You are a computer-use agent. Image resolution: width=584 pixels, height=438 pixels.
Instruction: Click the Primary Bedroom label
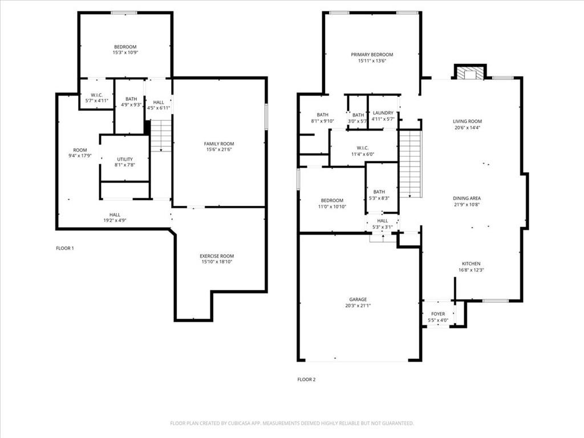click(372, 55)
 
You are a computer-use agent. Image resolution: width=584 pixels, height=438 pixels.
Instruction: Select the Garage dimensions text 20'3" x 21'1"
click(358, 306)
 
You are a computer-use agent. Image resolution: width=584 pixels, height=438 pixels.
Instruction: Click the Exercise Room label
click(217, 256)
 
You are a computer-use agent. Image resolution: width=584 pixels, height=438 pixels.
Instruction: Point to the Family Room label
click(219, 144)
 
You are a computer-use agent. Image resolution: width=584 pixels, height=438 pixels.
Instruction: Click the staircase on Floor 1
click(161, 136)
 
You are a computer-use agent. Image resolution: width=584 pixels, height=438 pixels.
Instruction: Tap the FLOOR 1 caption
click(65, 248)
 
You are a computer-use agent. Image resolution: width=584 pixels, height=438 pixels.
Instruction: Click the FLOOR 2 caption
click(306, 379)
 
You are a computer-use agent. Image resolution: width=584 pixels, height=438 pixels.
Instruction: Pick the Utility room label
click(125, 160)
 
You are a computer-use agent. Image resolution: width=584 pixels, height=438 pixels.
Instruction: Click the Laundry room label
click(383, 113)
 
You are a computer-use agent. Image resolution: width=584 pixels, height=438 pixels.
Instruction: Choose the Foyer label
click(438, 314)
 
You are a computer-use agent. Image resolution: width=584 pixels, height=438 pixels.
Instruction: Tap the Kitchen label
click(471, 263)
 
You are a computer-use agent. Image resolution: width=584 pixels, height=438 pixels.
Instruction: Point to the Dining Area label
click(467, 198)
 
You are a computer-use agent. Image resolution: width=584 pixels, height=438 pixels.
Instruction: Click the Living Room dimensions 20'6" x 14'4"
click(468, 127)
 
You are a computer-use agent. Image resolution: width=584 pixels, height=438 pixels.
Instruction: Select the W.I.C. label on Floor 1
click(97, 95)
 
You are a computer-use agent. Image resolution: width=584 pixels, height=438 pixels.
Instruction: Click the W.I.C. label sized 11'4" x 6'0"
click(363, 148)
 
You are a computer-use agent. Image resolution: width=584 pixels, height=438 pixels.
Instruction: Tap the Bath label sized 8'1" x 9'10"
click(323, 115)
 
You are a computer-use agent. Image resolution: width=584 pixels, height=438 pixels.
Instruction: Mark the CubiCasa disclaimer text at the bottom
click(291, 423)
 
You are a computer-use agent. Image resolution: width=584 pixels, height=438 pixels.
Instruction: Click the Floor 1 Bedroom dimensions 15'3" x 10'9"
click(125, 53)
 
